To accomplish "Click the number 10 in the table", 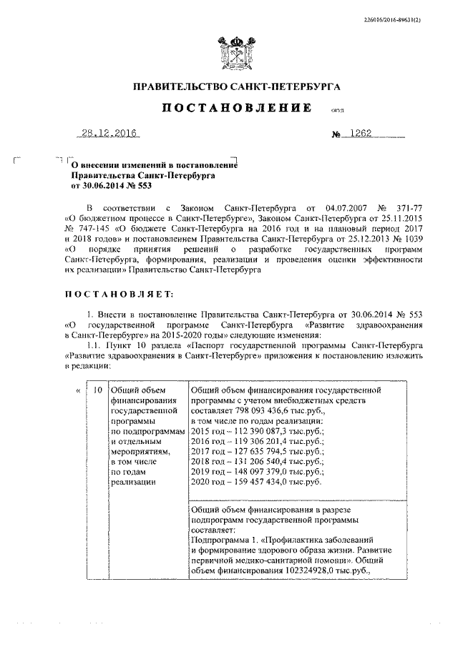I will click(99, 390).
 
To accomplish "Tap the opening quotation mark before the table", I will click(77, 390).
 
